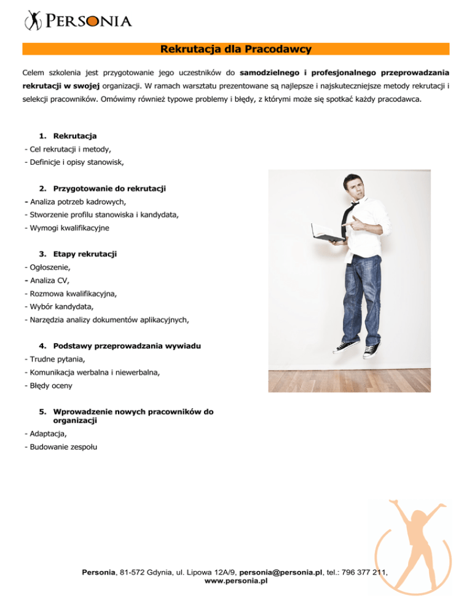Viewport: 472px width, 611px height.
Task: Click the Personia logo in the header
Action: (x=78, y=22)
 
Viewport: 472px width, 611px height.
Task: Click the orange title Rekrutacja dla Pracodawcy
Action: (x=235, y=49)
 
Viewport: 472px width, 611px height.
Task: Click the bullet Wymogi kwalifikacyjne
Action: (x=66, y=227)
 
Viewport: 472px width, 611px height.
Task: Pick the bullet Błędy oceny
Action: (x=47, y=386)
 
